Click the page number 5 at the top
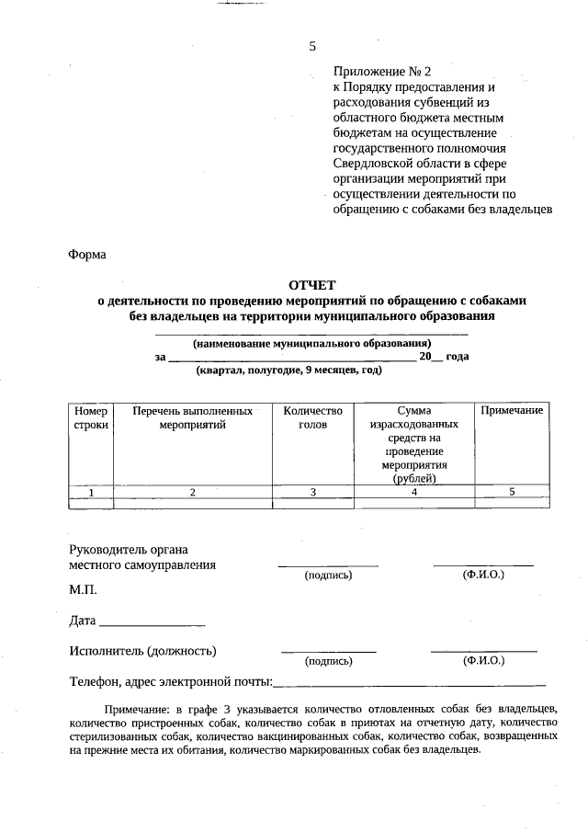point(312,46)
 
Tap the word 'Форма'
point(87,255)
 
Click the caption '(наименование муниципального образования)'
point(311,343)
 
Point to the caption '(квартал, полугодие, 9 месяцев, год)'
point(288,370)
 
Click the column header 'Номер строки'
point(91,417)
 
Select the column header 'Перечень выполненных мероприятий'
point(192,417)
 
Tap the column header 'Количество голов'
point(312,417)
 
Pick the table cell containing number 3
point(312,492)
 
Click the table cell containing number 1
point(91,492)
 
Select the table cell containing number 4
point(414,492)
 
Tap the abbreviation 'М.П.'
point(83,588)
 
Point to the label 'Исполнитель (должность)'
point(142,651)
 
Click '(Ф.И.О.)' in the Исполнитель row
point(483,660)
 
